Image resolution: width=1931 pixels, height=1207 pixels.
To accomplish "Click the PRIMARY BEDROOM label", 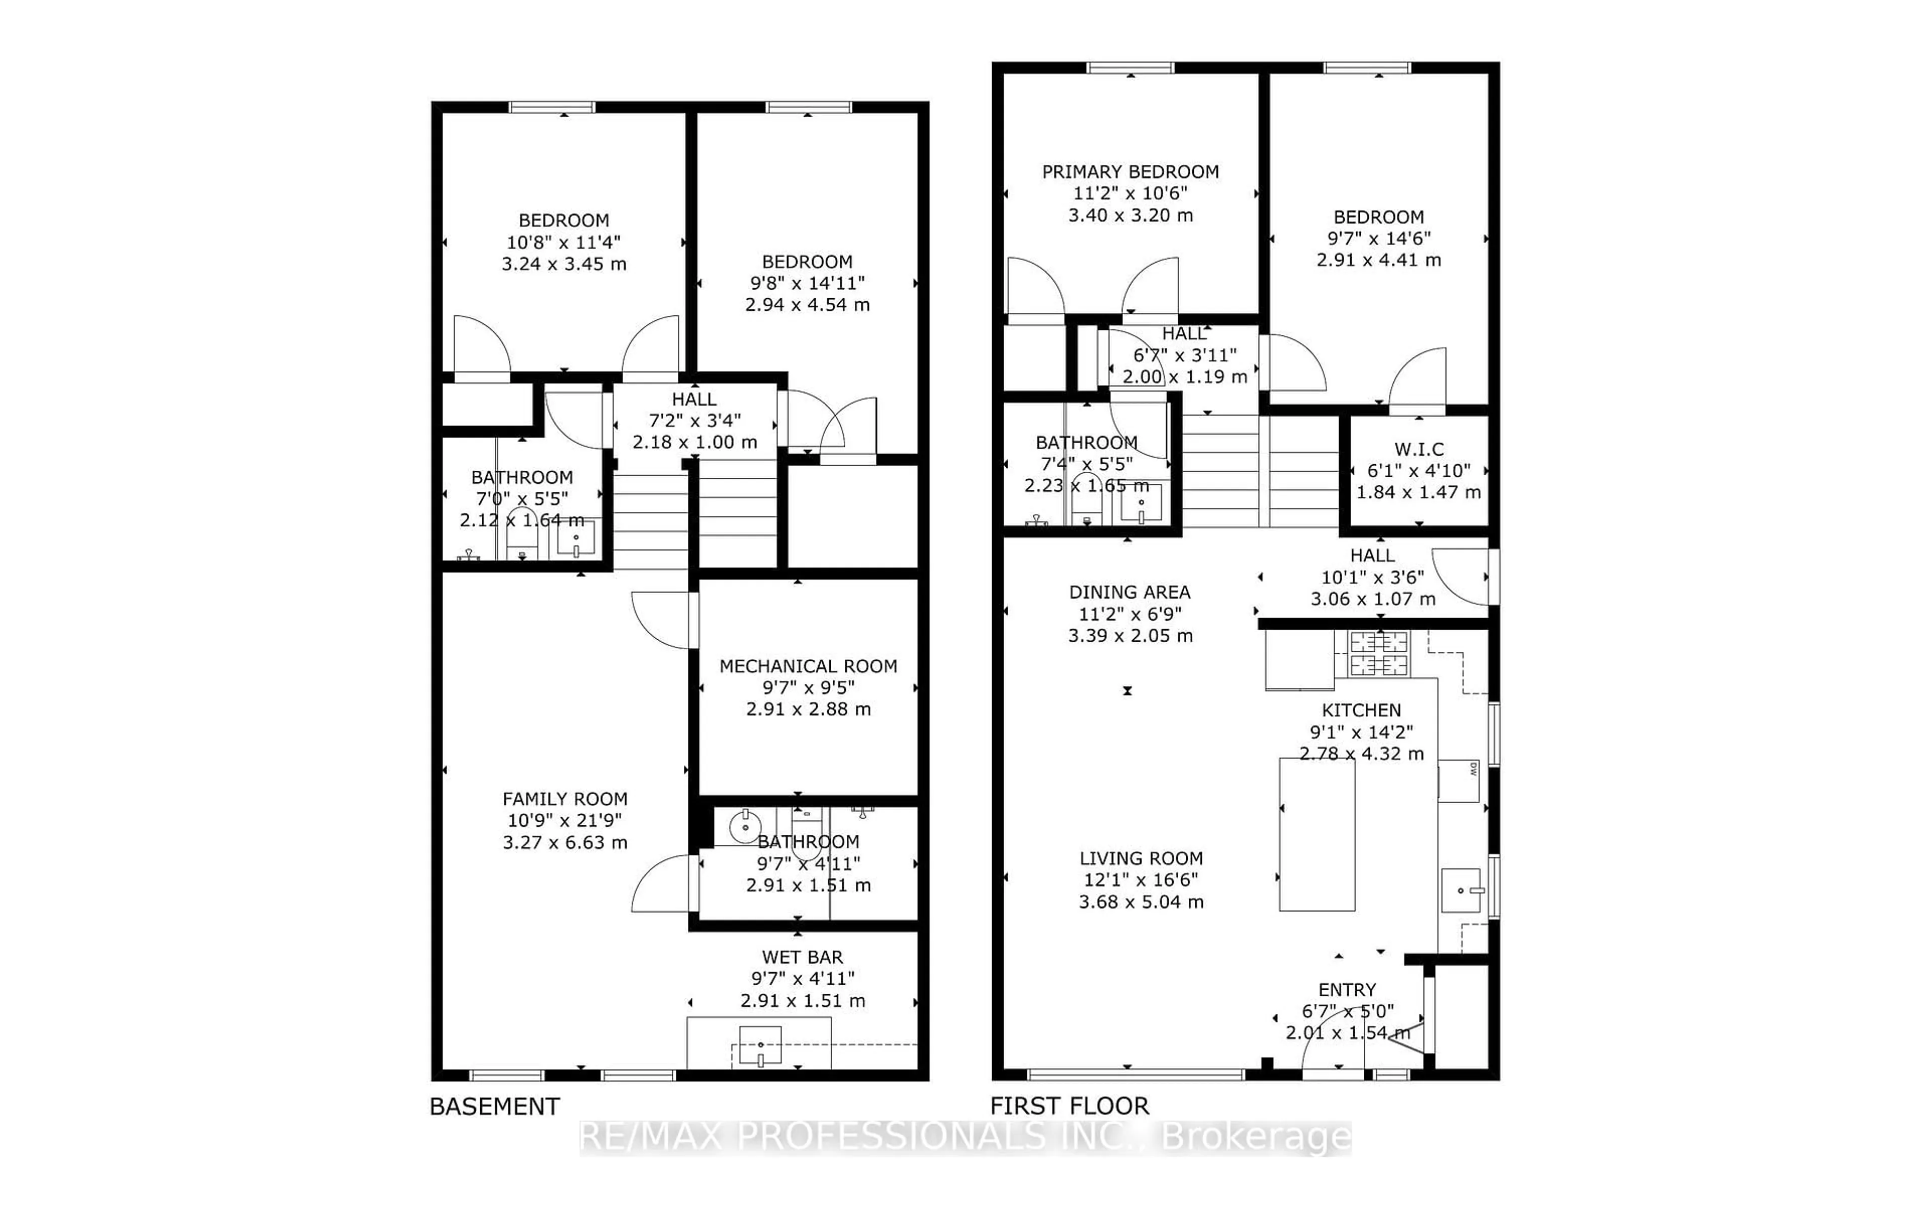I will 1130,171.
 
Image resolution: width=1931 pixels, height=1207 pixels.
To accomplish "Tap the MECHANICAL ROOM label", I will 808,666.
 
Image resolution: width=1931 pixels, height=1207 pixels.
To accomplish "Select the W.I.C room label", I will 1419,450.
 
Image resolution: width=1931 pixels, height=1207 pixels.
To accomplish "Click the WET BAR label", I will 802,957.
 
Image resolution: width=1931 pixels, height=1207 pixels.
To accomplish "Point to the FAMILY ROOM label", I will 564,798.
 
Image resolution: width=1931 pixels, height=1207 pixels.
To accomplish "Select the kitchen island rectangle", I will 1316,834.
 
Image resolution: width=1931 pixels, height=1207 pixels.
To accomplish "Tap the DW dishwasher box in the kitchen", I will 1459,781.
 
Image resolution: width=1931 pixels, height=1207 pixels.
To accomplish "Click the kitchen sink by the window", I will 1461,890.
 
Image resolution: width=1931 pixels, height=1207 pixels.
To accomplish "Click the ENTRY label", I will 1347,990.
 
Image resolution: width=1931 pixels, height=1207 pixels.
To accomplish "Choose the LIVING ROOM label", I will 1141,858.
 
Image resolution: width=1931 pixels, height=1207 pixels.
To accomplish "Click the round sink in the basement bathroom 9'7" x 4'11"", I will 744,827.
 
